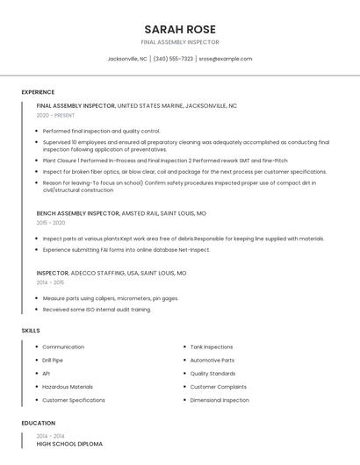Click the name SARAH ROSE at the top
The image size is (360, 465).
(179, 28)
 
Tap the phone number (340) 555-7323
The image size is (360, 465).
(173, 59)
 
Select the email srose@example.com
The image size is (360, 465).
(225, 59)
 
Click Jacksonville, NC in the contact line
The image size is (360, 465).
(127, 59)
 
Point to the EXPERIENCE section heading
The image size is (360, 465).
(38, 92)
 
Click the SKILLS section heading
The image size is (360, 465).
(31, 330)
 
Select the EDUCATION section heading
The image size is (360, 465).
(38, 423)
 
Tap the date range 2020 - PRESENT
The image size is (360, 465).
(56, 115)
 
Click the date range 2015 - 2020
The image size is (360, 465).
(51, 223)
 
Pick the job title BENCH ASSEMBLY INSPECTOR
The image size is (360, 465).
(77, 213)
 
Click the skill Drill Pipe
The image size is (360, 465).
(53, 360)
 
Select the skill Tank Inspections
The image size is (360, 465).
(212, 347)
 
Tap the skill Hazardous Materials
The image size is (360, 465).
(68, 387)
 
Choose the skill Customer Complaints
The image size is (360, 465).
(218, 387)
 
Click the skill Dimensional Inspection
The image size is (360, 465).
(220, 400)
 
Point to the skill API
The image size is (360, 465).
(46, 374)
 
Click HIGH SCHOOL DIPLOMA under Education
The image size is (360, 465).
(69, 444)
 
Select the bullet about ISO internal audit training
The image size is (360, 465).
(97, 309)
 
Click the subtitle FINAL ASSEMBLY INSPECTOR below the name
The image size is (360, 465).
(179, 42)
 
